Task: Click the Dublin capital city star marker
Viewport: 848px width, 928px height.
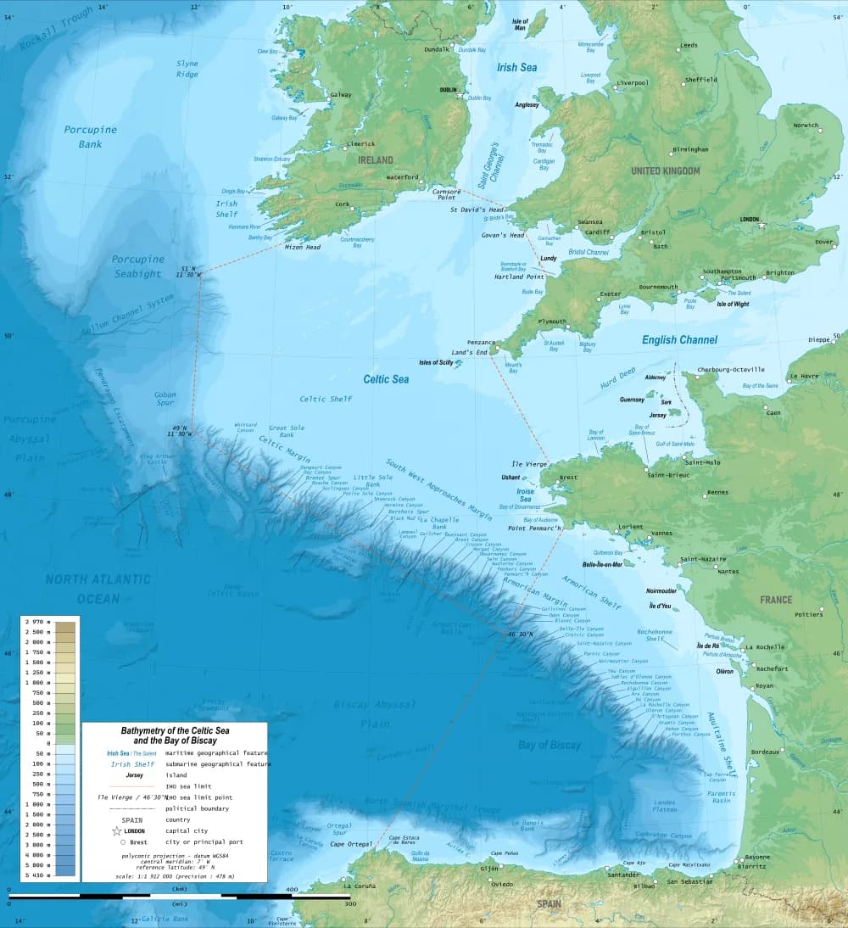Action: [x=461, y=96]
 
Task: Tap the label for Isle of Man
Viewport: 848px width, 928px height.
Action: [x=520, y=24]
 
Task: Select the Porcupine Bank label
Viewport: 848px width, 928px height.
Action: [x=84, y=137]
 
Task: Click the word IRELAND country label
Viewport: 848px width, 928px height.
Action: [x=375, y=159]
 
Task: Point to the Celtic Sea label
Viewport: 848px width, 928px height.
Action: [x=386, y=379]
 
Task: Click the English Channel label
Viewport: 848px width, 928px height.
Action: [x=679, y=339]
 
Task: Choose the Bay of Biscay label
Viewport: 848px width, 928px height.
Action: [x=550, y=745]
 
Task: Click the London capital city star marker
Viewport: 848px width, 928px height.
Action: [x=762, y=226]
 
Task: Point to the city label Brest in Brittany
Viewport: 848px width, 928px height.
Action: [x=568, y=478]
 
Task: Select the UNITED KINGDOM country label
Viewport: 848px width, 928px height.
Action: [x=666, y=171]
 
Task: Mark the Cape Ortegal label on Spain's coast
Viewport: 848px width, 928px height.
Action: [x=349, y=843]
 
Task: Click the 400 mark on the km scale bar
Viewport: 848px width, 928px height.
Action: [x=292, y=889]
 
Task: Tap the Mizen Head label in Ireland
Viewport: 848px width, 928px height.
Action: [x=302, y=247]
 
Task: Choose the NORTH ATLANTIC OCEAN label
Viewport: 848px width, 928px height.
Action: [x=98, y=588]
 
